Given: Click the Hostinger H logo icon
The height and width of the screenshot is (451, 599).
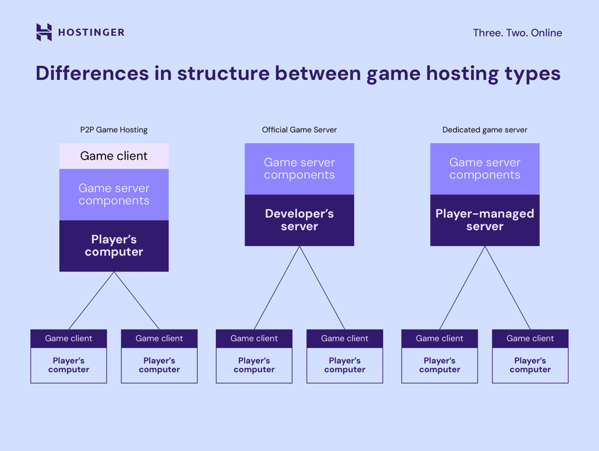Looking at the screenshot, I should tap(44, 32).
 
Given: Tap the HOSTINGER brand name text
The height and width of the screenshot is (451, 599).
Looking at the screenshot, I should tap(92, 33).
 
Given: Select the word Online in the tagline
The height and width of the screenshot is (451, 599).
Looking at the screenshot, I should tap(546, 33).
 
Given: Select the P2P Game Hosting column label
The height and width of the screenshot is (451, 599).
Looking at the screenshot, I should tap(114, 130).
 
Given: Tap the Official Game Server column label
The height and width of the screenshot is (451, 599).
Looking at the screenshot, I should tap(299, 130).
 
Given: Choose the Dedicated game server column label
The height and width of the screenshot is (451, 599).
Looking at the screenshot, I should tap(485, 130).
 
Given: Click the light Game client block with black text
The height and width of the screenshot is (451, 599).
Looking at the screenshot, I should tap(114, 156).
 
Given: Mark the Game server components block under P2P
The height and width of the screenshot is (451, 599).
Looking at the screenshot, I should tap(114, 194).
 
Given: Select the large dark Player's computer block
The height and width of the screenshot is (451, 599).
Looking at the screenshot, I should tap(114, 245).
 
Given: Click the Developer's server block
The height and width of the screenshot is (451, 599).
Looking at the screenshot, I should tap(299, 220).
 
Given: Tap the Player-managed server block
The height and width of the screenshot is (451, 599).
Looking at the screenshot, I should tap(485, 220).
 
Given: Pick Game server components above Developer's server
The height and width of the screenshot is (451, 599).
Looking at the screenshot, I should tap(299, 169).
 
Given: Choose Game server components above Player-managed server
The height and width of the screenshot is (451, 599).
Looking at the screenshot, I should tap(485, 169).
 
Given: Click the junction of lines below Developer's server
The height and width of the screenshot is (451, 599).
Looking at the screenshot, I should tap(299, 247).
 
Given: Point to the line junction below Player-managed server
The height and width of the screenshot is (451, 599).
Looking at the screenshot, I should tap(485, 247).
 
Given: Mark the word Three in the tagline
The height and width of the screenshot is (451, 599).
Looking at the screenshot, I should tap(486, 33).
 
